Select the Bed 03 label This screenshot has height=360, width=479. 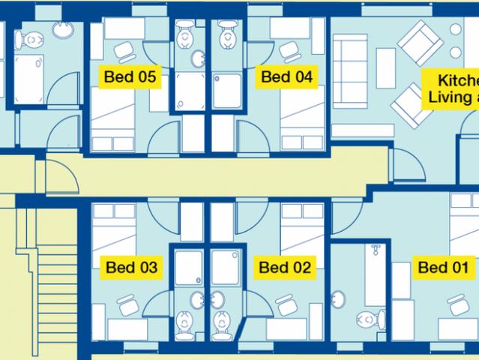(x=131, y=266)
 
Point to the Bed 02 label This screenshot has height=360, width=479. (x=283, y=266)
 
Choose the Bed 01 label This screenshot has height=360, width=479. (x=443, y=267)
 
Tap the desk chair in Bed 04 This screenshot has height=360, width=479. (x=289, y=51)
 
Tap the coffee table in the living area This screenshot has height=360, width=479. (x=385, y=68)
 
